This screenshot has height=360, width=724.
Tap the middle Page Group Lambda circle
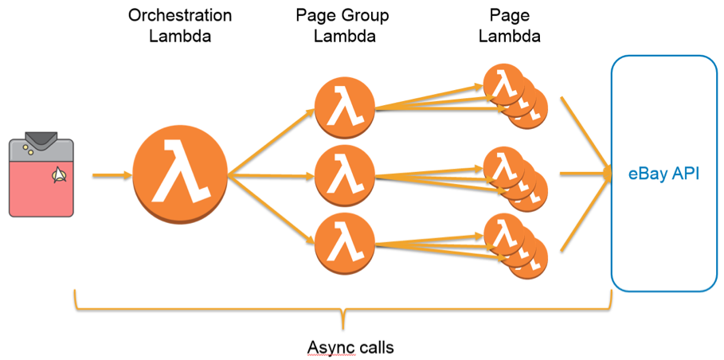point(344,174)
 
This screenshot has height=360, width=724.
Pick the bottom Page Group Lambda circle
point(344,240)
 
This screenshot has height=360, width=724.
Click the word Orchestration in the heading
point(180,16)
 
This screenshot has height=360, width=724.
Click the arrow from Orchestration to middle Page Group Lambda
point(271,175)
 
